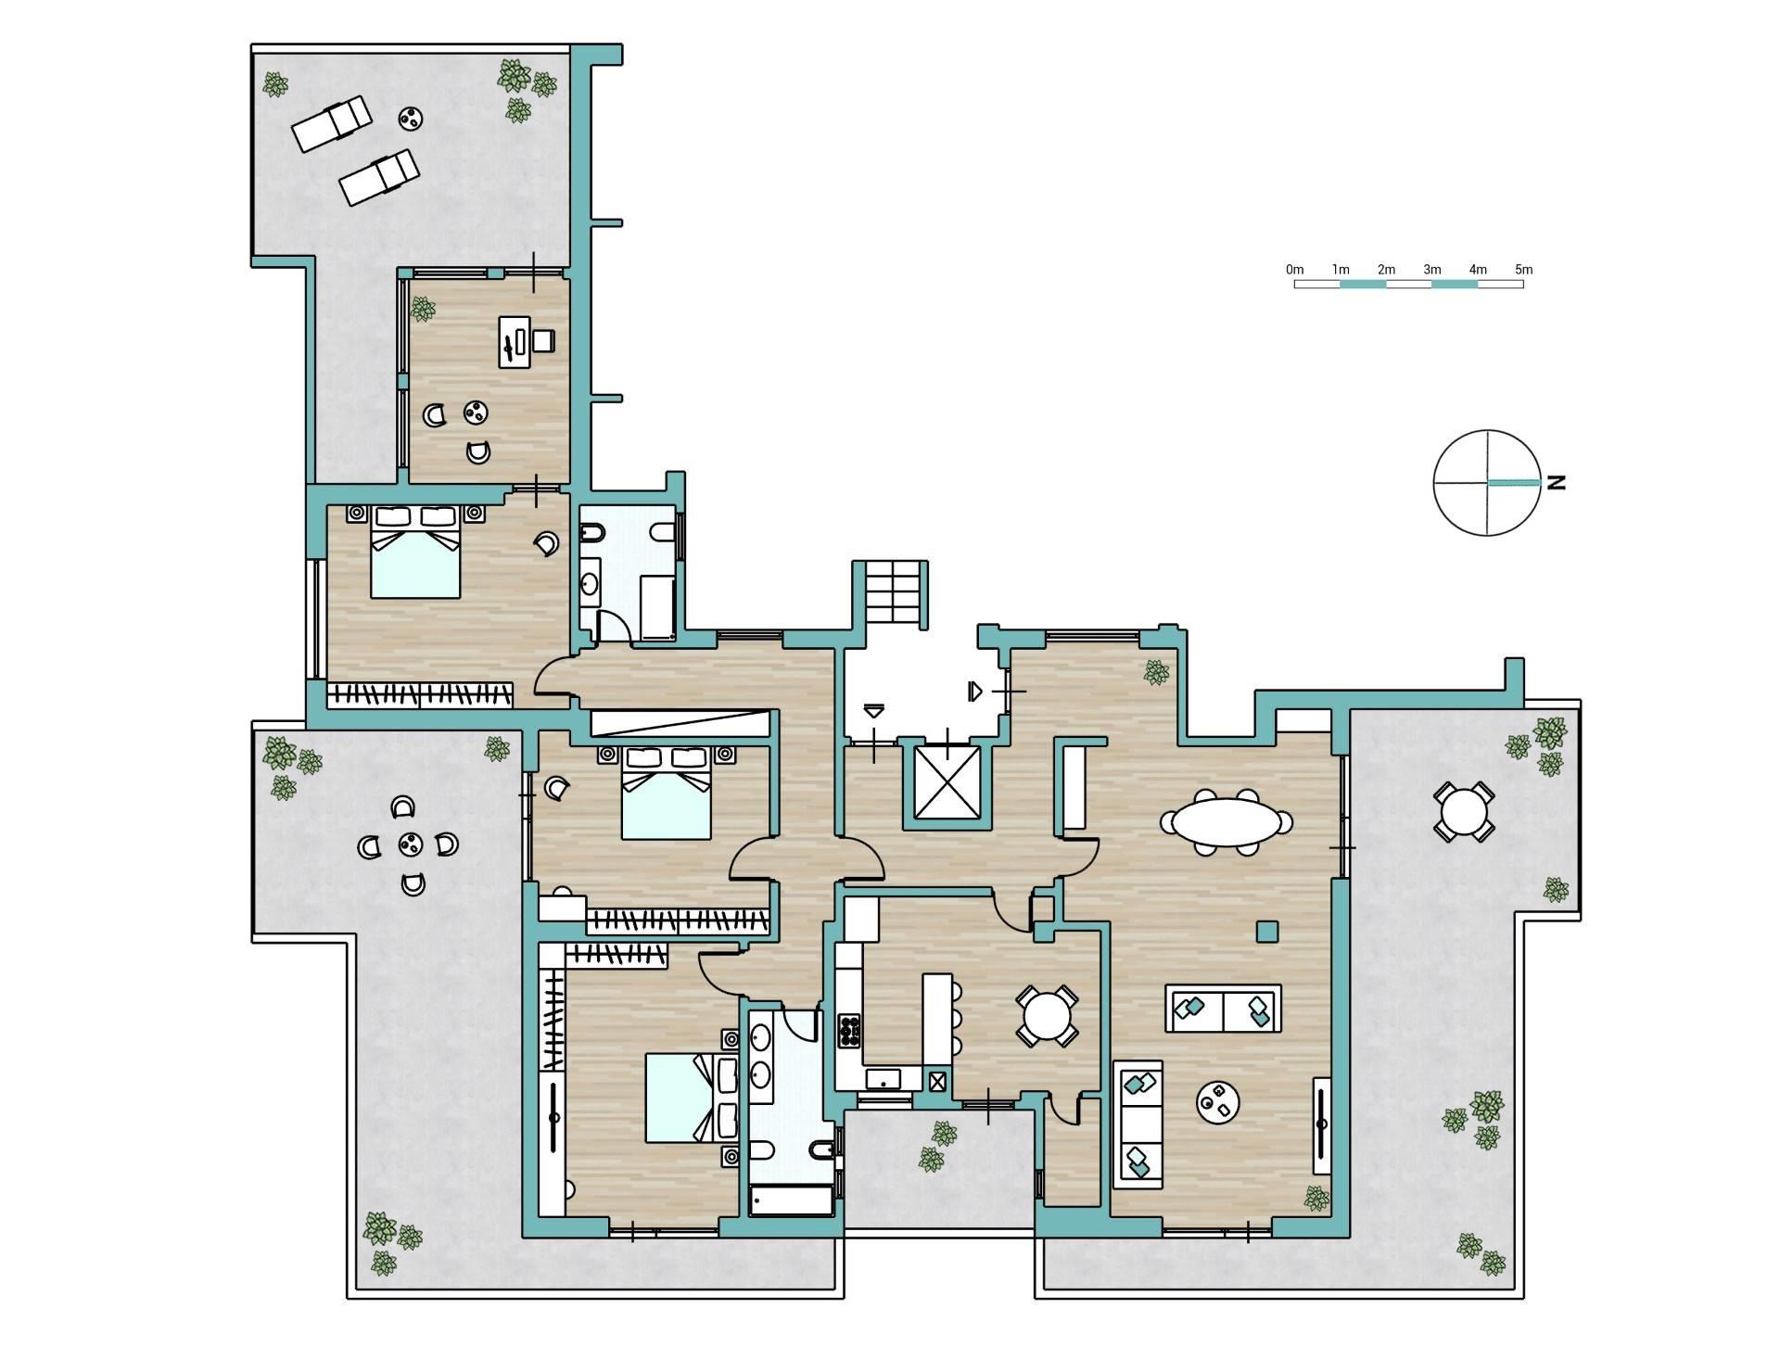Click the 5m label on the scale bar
(1523, 270)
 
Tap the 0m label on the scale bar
(1295, 270)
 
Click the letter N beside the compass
(1557, 482)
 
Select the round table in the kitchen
(1047, 1017)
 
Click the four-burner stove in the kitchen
(849, 1031)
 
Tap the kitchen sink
(884, 1079)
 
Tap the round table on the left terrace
(409, 844)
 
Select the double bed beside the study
(414, 552)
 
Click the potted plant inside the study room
(423, 308)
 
